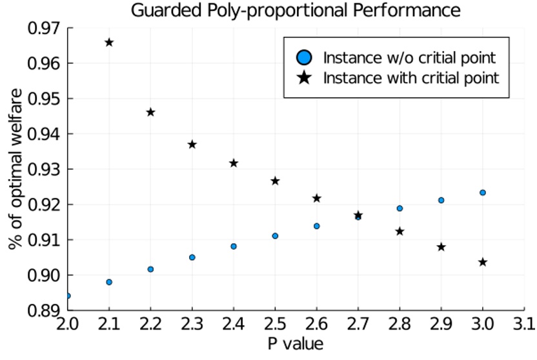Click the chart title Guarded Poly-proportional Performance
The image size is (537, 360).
pos(296,10)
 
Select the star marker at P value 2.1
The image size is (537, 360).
pos(109,43)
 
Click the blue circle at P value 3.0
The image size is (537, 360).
pos(483,193)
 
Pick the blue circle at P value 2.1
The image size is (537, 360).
pos(109,282)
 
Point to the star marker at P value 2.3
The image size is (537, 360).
pos(192,145)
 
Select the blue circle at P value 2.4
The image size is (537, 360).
pos(234,246)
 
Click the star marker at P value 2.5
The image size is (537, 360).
pos(275,181)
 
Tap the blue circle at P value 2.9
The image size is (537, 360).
pos(441,200)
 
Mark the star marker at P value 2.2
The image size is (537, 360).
pos(150,112)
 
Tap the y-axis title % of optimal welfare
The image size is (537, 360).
pos(14,170)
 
